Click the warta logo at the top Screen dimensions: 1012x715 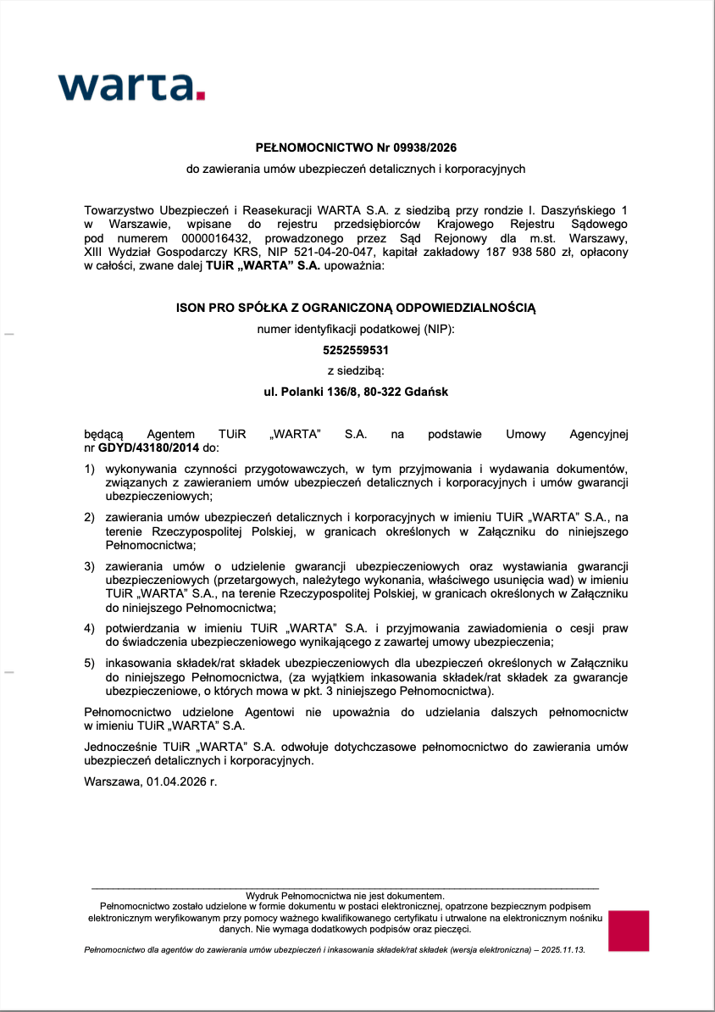(131, 86)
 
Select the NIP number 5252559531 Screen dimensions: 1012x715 (356, 349)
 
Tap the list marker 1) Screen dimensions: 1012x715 (89, 469)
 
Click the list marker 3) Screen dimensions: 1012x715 (89, 565)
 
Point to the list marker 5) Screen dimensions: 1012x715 (89, 663)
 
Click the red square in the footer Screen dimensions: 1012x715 (628, 931)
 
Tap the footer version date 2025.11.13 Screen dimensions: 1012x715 (558, 950)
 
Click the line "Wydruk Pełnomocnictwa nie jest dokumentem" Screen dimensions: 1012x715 (345, 896)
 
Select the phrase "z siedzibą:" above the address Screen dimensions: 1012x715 (356, 370)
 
